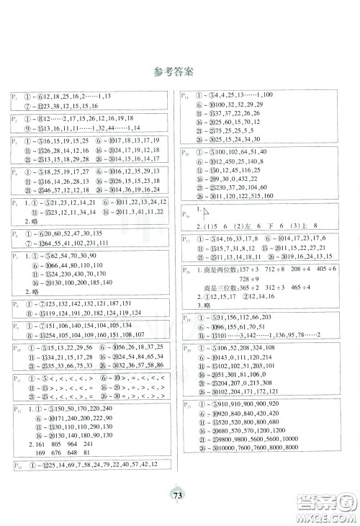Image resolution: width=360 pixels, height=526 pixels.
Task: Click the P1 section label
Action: tap(14, 97)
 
